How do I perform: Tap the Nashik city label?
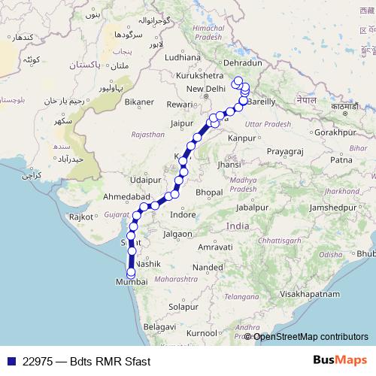tap(148, 266)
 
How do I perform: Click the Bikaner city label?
tap(139, 101)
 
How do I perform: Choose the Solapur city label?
tap(183, 307)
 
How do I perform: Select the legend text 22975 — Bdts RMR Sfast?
tap(86, 361)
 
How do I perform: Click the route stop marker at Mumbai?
tap(131, 274)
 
